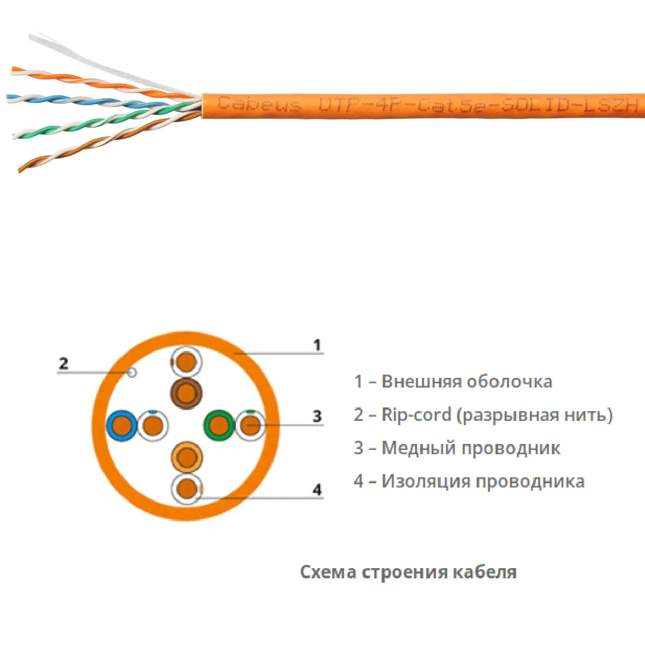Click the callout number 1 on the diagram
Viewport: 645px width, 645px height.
pos(317,345)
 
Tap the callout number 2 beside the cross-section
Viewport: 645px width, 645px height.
pos(63,363)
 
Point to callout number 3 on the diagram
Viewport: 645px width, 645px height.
pos(317,415)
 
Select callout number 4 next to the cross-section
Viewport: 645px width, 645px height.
pos(317,490)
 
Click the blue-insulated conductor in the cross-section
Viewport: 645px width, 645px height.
pos(122,426)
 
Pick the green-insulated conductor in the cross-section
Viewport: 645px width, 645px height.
pos(218,426)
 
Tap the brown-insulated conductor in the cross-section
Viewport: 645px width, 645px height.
pos(186,393)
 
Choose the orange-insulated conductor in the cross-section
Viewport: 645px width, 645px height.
pos(187,458)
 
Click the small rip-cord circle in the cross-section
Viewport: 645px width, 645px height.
pos(132,372)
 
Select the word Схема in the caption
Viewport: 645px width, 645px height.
pos(328,572)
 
